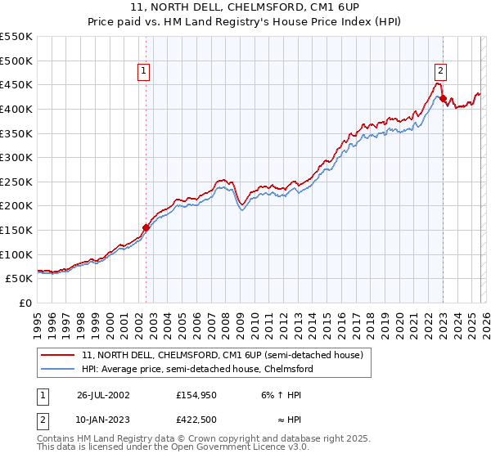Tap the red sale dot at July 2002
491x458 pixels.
tap(146, 227)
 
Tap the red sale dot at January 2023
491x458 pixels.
tap(443, 99)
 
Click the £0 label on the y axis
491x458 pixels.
tap(25, 303)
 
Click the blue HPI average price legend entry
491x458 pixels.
tap(196, 369)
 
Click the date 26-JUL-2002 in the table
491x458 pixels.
tap(104, 395)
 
